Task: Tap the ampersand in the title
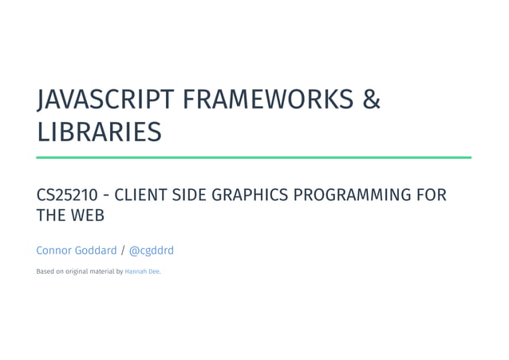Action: [x=372, y=101]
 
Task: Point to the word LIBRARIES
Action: [x=99, y=133]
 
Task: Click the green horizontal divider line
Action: [x=254, y=157]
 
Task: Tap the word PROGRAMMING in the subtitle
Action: [x=356, y=196]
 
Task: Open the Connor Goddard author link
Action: [x=77, y=251]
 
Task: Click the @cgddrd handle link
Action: [x=152, y=251]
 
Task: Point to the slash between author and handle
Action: [x=123, y=251]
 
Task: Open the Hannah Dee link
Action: [x=142, y=271]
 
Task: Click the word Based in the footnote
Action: [x=45, y=271]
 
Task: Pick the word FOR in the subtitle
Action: [x=431, y=196]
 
